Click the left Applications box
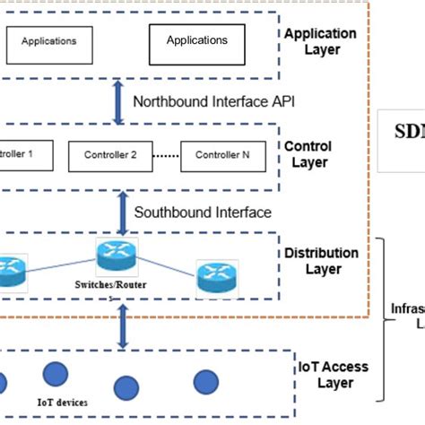(48, 41)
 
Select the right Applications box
(196, 41)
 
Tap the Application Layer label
(320, 42)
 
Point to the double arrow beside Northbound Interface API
(117, 101)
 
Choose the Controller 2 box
(110, 155)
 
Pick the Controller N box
(224, 155)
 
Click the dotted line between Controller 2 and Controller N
(164, 155)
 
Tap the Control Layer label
(308, 154)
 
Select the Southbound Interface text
(202, 212)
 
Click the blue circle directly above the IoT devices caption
(56, 375)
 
